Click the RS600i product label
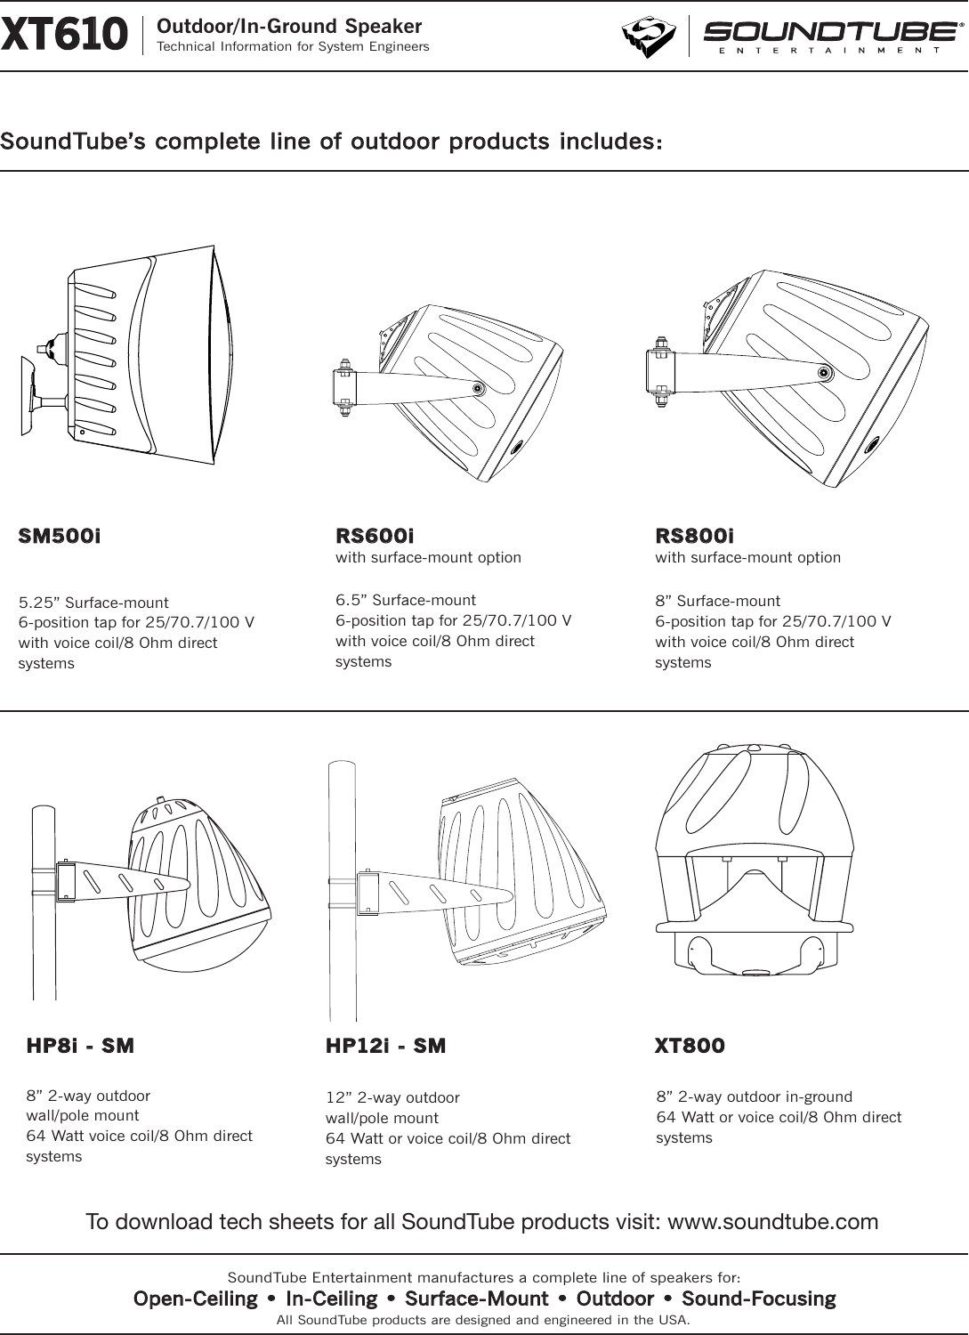(x=375, y=537)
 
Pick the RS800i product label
(x=695, y=537)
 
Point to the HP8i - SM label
(x=80, y=1046)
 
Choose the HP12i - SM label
(x=385, y=1046)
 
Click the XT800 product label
(x=690, y=1046)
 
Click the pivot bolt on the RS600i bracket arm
(x=479, y=388)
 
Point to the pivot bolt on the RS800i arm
(x=825, y=373)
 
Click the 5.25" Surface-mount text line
(x=93, y=602)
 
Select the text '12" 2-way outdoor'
(x=392, y=1097)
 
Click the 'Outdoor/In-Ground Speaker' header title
(x=289, y=27)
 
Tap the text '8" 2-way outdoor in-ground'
(x=754, y=1096)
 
